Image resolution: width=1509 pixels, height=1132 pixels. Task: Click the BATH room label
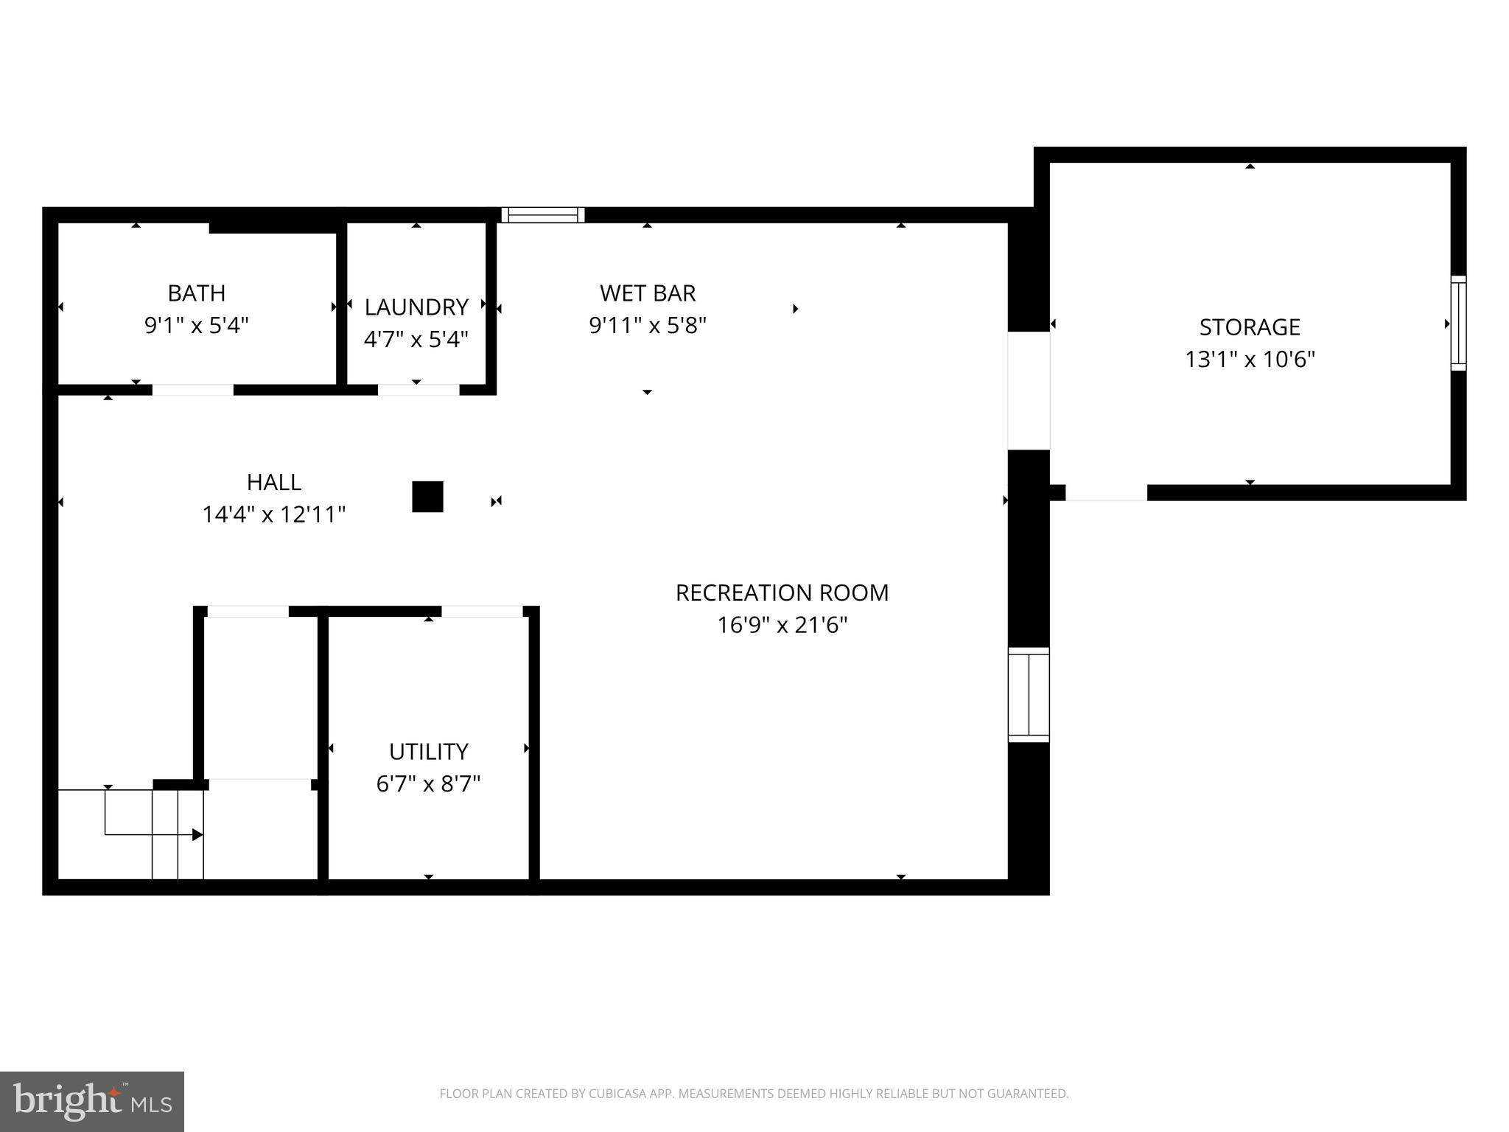tap(196, 293)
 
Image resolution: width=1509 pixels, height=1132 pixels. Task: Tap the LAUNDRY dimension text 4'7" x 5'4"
tap(416, 339)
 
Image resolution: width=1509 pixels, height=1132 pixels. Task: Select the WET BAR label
tap(647, 293)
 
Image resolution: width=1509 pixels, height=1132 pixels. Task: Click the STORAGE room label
tap(1250, 326)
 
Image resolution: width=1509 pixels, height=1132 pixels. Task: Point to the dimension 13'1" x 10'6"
tap(1250, 360)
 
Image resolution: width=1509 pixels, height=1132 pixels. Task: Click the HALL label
tap(273, 482)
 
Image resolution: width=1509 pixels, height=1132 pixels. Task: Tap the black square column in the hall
tap(427, 497)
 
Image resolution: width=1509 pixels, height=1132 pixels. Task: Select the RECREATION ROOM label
tap(782, 593)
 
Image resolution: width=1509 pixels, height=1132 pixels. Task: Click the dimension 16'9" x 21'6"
tap(782, 626)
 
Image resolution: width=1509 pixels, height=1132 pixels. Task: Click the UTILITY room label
tap(428, 751)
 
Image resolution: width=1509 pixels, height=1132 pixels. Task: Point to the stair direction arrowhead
tap(197, 835)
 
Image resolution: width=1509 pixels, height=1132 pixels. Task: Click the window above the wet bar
tap(543, 215)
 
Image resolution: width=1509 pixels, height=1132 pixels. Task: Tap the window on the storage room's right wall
tap(1458, 323)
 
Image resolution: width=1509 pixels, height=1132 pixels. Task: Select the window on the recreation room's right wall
tap(1029, 695)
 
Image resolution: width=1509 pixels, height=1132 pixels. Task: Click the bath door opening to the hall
tap(193, 390)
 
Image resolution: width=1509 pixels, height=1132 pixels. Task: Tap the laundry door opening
tap(419, 390)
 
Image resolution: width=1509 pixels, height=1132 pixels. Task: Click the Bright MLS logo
tap(92, 1101)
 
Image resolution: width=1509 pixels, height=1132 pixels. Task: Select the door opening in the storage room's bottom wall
tap(1106, 493)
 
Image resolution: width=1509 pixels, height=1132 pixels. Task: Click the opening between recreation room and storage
tap(1029, 391)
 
